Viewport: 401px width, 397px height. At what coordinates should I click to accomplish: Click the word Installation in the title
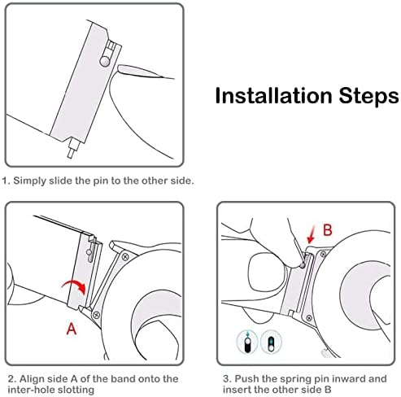tap(273, 95)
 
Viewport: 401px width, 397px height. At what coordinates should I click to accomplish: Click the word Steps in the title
tap(369, 97)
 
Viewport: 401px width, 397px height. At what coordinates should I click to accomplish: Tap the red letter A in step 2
tap(72, 329)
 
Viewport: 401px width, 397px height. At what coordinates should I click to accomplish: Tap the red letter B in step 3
tap(328, 230)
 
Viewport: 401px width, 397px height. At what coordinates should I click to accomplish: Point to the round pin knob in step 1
tap(105, 62)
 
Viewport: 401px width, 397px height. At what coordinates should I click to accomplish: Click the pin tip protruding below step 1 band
tap(72, 148)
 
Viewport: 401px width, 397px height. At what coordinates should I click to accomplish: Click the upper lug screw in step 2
tap(125, 256)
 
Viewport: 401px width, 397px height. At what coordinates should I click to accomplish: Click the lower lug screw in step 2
tap(96, 315)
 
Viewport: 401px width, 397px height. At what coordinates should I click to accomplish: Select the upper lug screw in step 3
tap(323, 254)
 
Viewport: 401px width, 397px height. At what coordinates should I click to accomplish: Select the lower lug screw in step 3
tap(308, 318)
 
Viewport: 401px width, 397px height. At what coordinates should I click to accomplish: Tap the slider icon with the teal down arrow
tap(247, 342)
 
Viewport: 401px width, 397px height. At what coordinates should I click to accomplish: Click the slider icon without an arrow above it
tap(271, 343)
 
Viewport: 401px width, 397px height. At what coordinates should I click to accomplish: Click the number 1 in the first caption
tap(5, 181)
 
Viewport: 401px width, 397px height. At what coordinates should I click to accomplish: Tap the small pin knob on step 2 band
tap(89, 252)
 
